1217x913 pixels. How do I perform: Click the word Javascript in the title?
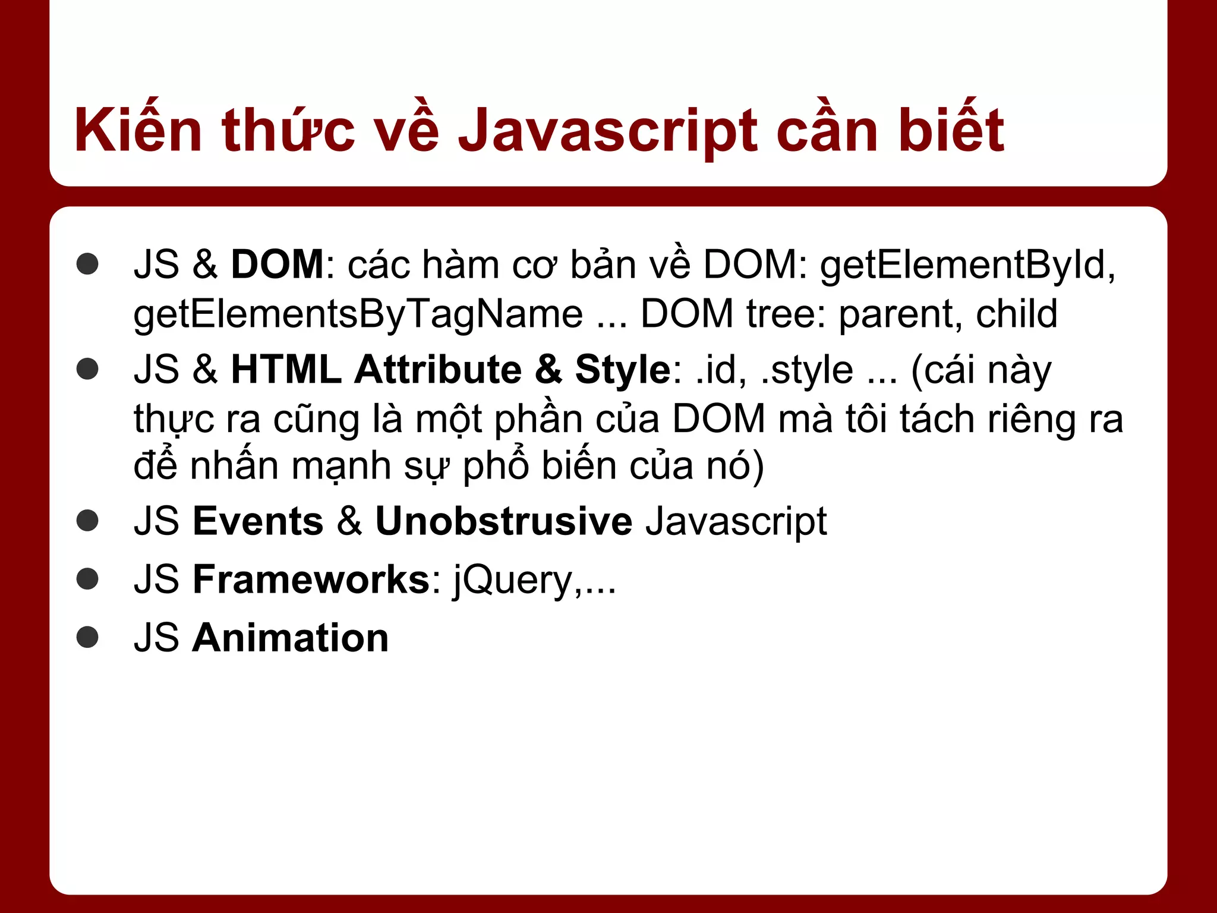(x=608, y=131)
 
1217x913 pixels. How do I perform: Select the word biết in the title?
(x=951, y=130)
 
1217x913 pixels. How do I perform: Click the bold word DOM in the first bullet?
(x=277, y=264)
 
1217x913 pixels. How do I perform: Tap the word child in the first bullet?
(x=1016, y=313)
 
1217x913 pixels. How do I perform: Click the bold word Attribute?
(x=437, y=369)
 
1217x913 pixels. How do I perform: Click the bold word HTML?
(x=286, y=369)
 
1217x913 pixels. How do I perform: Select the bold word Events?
(x=258, y=521)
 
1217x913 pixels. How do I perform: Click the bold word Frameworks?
(x=311, y=579)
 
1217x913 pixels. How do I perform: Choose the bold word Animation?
(x=290, y=637)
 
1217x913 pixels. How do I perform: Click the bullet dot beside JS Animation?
(x=88, y=637)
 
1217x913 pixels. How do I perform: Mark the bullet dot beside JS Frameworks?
(x=88, y=579)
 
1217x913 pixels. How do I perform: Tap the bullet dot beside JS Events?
(x=88, y=521)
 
